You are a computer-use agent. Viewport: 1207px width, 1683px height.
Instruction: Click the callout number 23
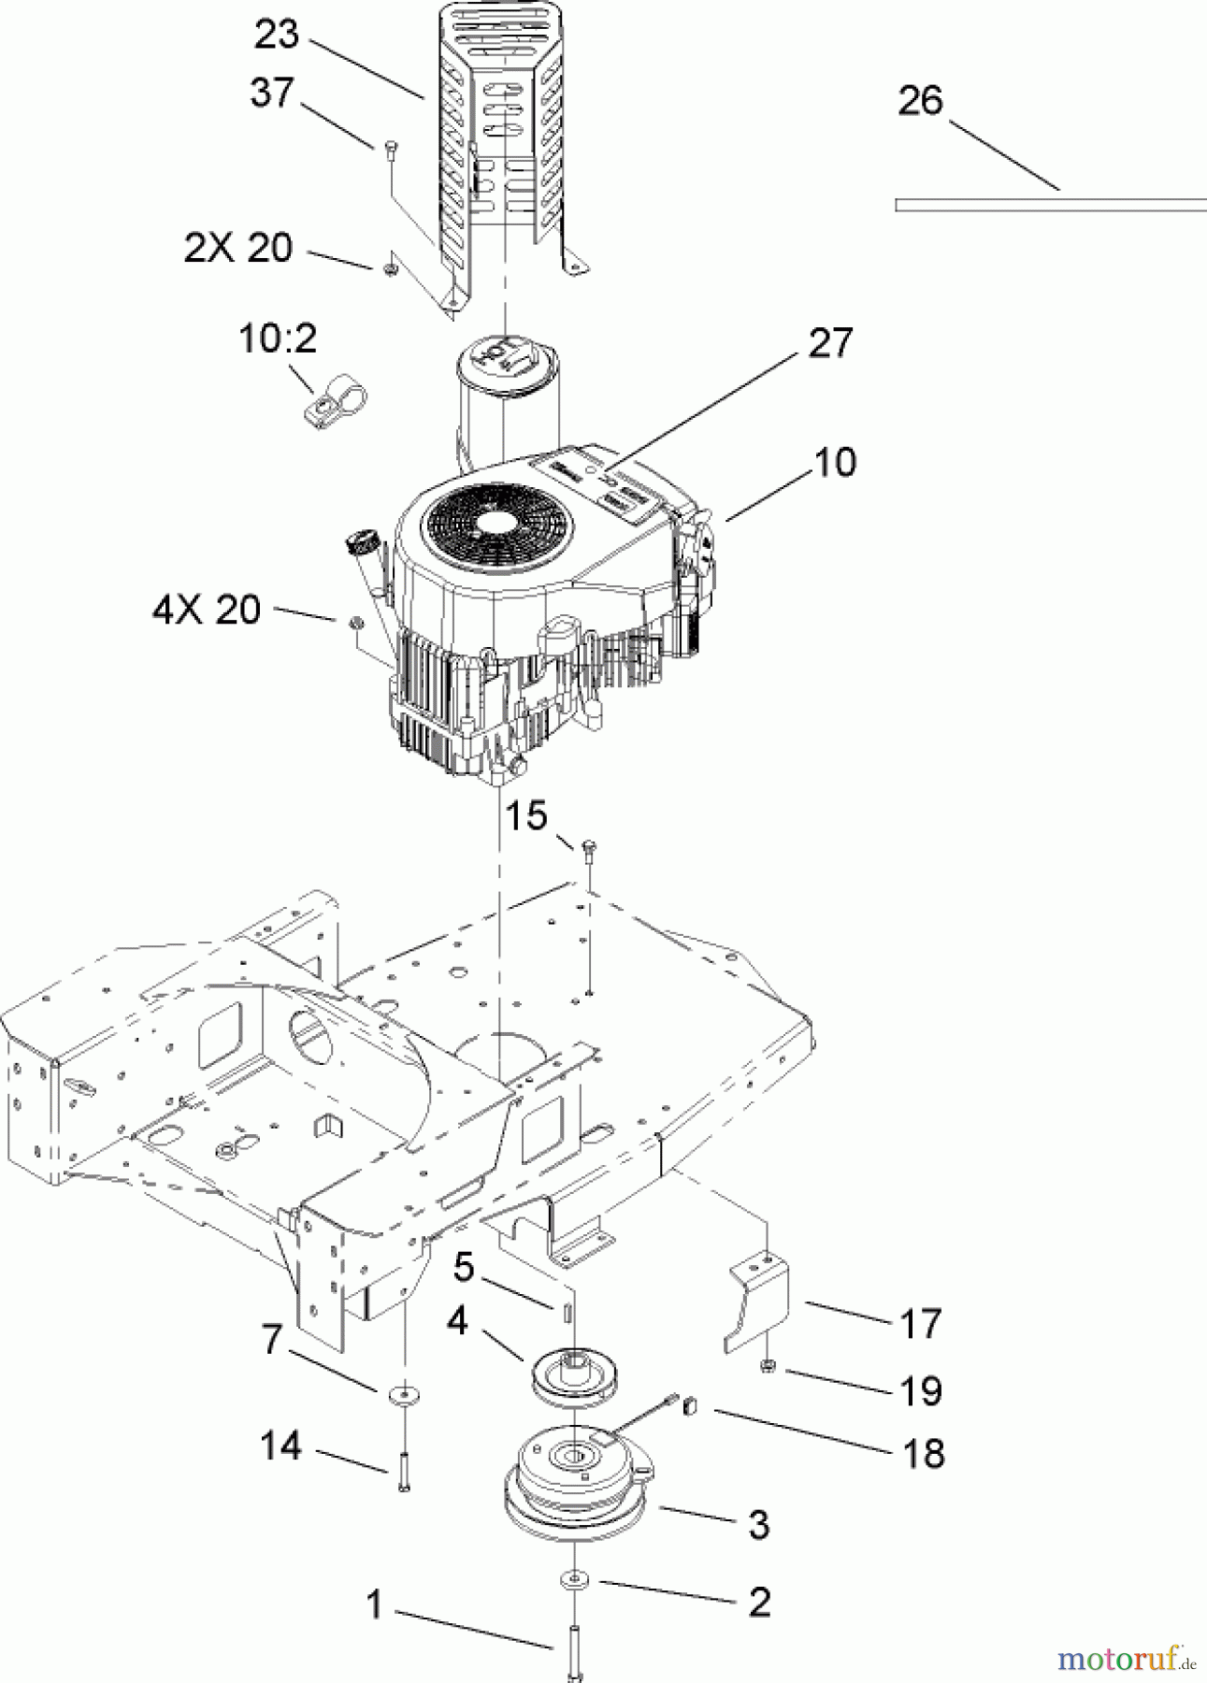[277, 35]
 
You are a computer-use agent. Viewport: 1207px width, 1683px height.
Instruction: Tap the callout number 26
[920, 101]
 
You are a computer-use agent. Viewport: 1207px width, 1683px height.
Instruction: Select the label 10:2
[279, 338]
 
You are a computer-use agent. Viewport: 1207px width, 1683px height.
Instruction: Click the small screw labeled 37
[391, 150]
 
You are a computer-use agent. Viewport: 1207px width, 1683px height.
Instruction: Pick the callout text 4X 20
[207, 611]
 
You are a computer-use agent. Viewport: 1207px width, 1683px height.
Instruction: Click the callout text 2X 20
[238, 249]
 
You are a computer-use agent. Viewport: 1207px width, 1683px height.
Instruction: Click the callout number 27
[830, 343]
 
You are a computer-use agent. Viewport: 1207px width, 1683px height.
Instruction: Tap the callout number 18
[924, 1454]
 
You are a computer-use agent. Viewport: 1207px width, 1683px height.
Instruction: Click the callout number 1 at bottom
[375, 1604]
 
